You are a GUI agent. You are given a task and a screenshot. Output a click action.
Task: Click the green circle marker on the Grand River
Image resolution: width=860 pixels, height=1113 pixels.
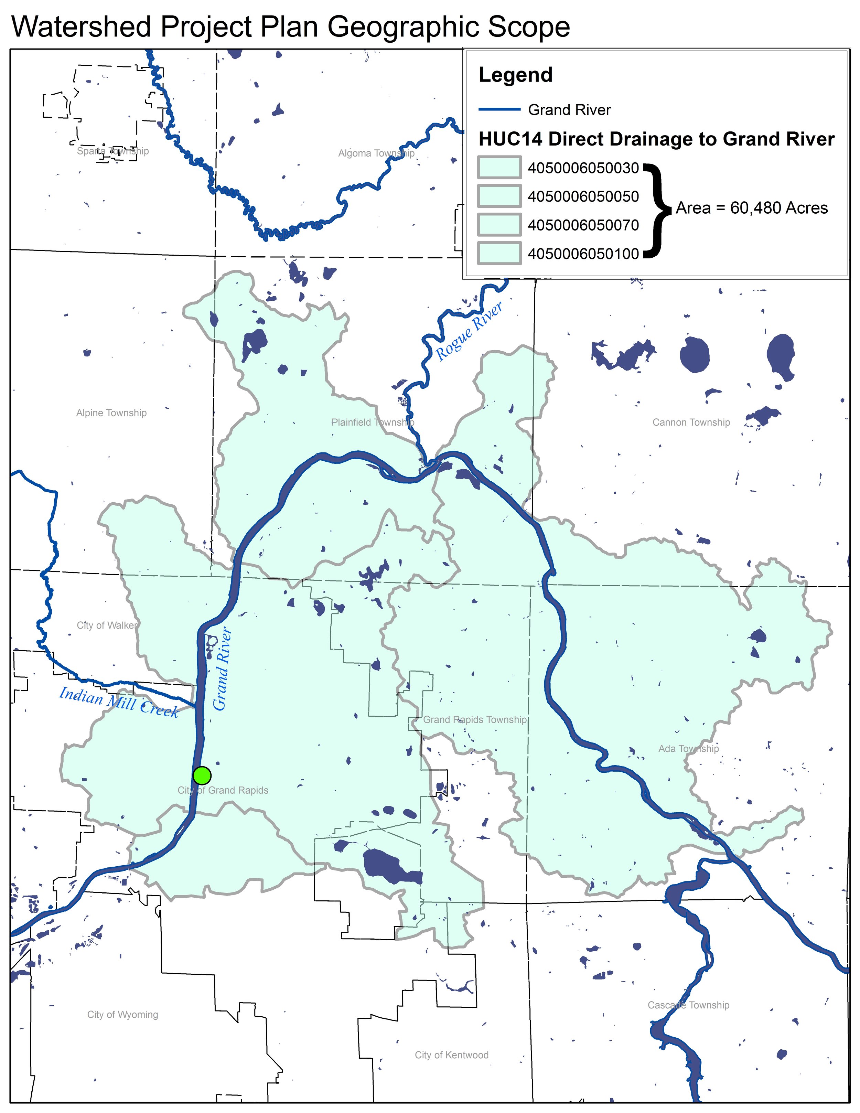pyautogui.click(x=202, y=775)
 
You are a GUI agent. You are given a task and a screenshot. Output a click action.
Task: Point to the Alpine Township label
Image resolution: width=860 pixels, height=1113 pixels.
pyautogui.click(x=111, y=413)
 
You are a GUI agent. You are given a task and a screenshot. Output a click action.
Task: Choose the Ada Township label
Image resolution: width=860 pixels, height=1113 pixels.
pyautogui.click(x=688, y=749)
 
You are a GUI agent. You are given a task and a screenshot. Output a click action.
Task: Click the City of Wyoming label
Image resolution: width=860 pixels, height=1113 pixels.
pyautogui.click(x=122, y=1014)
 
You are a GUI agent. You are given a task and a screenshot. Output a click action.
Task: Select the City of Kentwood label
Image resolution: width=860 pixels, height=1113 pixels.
pyautogui.click(x=451, y=1055)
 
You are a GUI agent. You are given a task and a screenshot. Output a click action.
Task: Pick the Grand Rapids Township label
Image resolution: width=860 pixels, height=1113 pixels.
pyautogui.click(x=475, y=719)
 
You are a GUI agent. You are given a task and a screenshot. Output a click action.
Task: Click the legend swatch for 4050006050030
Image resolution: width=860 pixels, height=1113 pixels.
pyautogui.click(x=499, y=167)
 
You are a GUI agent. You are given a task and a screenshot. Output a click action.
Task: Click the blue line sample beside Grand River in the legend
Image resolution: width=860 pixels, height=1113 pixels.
pyautogui.click(x=499, y=109)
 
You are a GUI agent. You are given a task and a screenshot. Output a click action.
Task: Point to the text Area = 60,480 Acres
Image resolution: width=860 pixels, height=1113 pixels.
pyautogui.click(x=752, y=208)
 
